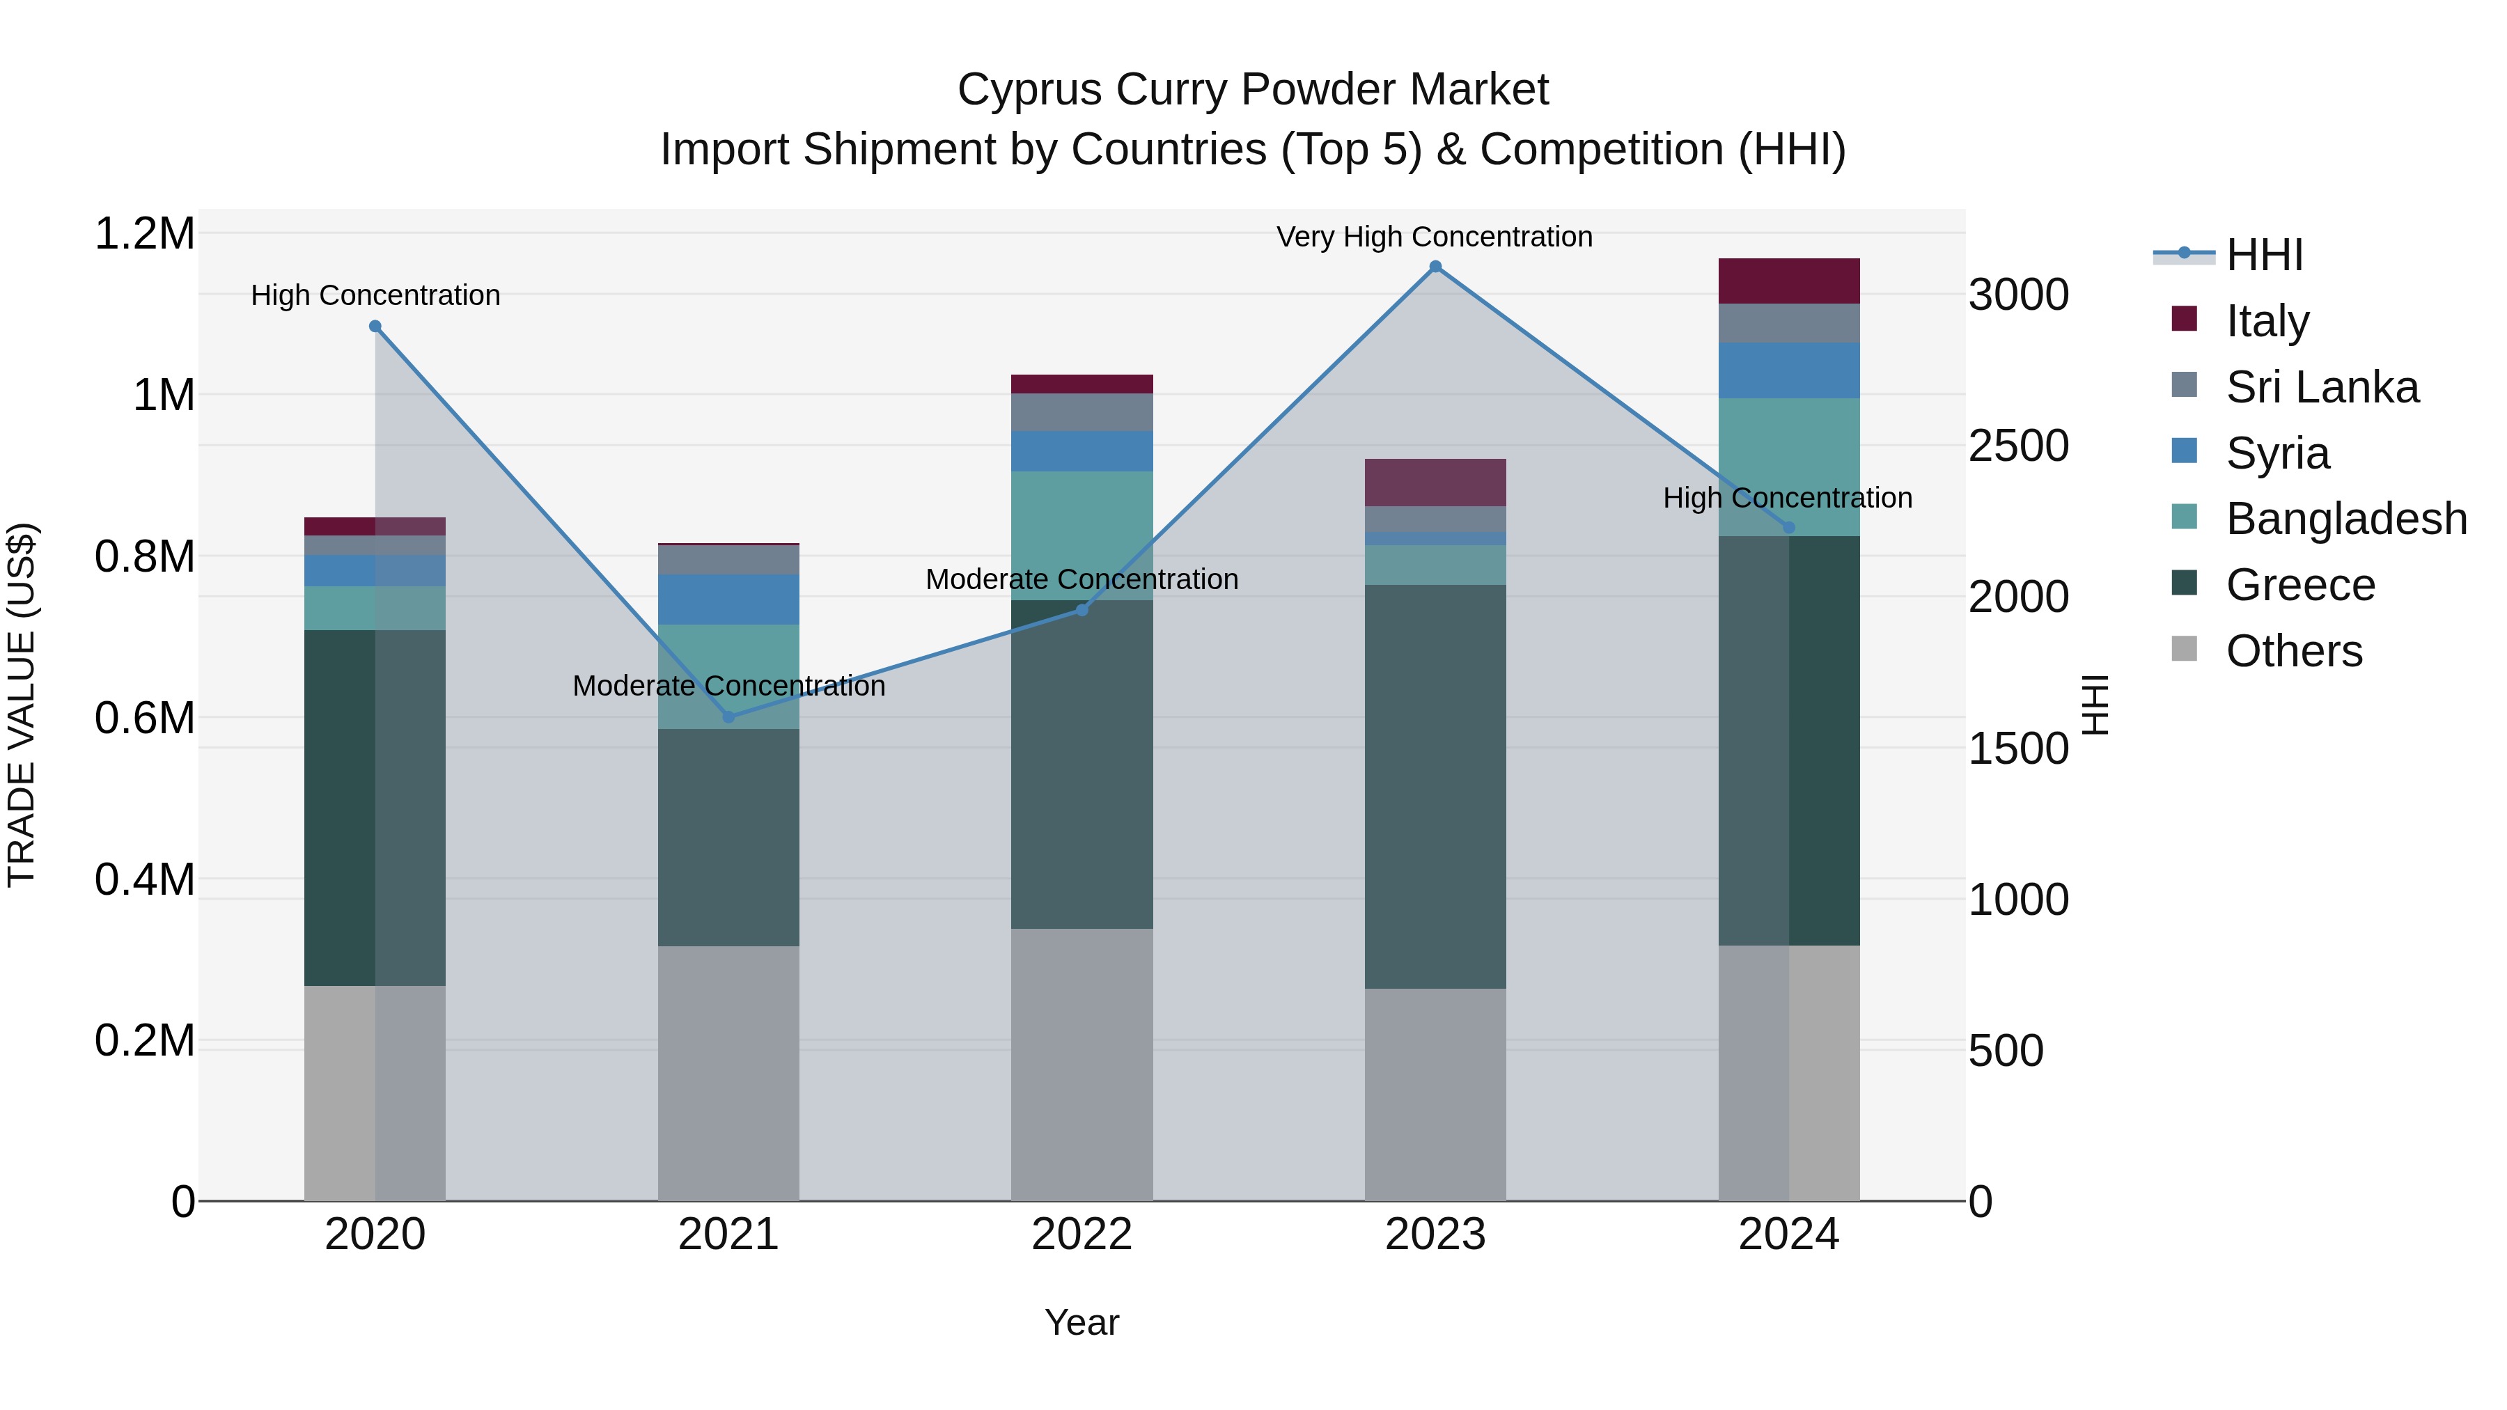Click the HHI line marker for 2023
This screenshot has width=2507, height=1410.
click(x=1435, y=267)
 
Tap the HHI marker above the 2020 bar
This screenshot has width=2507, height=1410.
click(x=375, y=327)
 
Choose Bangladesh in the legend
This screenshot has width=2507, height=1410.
click(x=2345, y=519)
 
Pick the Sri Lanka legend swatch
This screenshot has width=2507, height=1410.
click(x=2185, y=384)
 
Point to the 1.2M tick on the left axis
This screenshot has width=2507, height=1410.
click(x=144, y=235)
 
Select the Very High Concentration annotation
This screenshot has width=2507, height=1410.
click(x=1434, y=237)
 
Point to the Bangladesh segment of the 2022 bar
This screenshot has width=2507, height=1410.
click(x=1081, y=535)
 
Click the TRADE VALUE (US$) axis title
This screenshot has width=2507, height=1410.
click(x=22, y=705)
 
